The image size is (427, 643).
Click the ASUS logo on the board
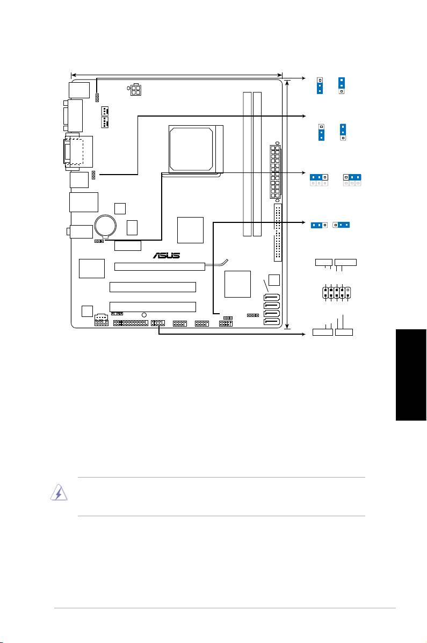pyautogui.click(x=167, y=256)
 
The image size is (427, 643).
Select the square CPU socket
pyautogui.click(x=196, y=149)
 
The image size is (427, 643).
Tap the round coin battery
pyautogui.click(x=105, y=225)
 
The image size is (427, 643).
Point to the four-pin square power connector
pyautogui.click(x=135, y=90)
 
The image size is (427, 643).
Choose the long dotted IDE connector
pyautogui.click(x=278, y=233)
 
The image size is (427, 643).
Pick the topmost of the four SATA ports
pyautogui.click(x=272, y=297)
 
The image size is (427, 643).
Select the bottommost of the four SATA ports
pyautogui.click(x=272, y=321)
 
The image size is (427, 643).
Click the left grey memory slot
pyautogui.click(x=247, y=164)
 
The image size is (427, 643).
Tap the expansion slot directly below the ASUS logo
pyautogui.click(x=160, y=266)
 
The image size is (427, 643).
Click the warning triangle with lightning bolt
pyautogui.click(x=59, y=493)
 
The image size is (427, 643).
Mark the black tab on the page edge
pyautogui.click(x=411, y=375)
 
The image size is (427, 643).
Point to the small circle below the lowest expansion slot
pyautogui.click(x=144, y=315)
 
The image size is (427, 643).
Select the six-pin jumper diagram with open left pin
pyautogui.click(x=352, y=180)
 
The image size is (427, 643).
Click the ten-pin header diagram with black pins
pyautogui.click(x=336, y=292)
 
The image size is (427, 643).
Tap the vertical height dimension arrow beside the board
pyautogui.click(x=287, y=204)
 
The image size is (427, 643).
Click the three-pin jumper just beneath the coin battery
pyautogui.click(x=99, y=241)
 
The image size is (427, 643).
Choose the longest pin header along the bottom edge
pyautogui.click(x=131, y=323)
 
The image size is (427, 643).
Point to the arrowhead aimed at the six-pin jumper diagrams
pyautogui.click(x=303, y=173)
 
